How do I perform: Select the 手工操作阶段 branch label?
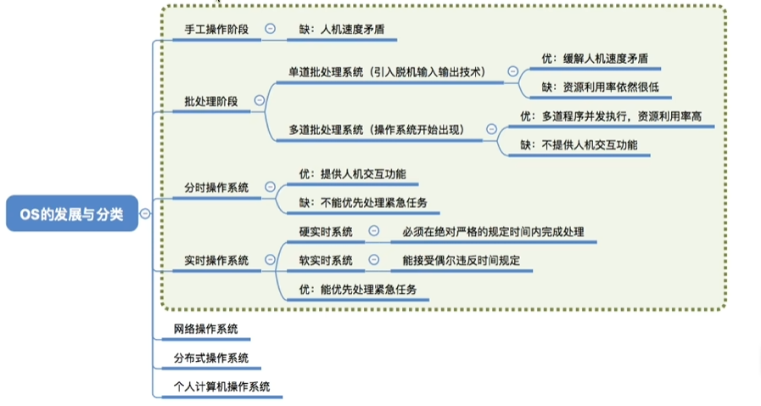[216, 29]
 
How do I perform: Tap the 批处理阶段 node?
[210, 101]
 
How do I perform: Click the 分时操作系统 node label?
[216, 187]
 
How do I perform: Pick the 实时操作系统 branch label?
[216, 260]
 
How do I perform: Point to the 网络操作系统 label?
[205, 329]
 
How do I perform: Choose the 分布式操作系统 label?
[210, 358]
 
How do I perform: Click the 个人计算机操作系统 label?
[221, 386]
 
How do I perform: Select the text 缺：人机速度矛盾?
[336, 29]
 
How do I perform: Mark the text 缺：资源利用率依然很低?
[601, 87]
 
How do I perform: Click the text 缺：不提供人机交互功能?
[579, 144]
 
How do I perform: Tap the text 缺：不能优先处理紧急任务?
[363, 202]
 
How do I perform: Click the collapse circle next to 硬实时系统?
[373, 231]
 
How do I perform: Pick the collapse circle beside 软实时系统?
[373, 260]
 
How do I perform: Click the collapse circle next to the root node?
[145, 214]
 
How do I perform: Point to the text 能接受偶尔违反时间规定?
[461, 260]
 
